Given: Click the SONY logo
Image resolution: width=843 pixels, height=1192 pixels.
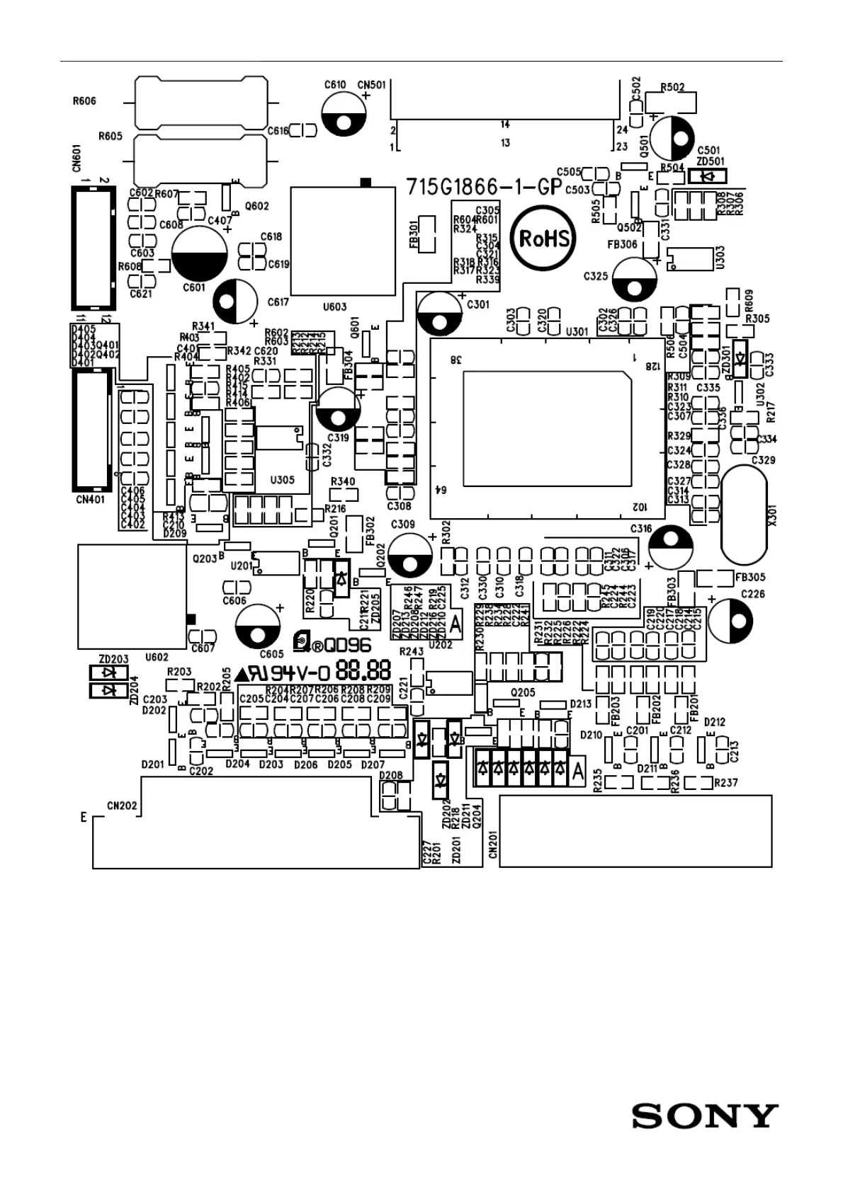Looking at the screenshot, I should tap(705, 1116).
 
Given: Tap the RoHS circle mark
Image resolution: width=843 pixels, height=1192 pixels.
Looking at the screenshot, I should tap(544, 237).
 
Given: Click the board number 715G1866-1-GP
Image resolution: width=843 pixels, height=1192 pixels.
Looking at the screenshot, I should tap(484, 187).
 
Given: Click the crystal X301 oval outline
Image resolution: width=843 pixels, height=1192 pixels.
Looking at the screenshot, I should tap(744, 514).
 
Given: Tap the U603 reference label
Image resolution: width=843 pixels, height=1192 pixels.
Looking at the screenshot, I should tap(334, 306).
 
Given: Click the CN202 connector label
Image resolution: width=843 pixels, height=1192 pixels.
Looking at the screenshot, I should tap(122, 806).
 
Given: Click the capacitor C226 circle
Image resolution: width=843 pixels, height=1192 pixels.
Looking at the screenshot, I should tap(730, 621).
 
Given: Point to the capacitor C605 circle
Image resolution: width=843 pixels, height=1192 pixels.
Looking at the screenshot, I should tap(258, 626).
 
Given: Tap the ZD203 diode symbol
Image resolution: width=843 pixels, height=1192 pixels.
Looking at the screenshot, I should tap(108, 672).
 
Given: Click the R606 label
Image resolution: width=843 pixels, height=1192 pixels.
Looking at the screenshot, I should tap(84, 101).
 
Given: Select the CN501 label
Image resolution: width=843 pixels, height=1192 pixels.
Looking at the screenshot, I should tap(372, 84).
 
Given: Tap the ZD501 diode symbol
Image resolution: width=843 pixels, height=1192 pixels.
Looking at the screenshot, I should tap(706, 177).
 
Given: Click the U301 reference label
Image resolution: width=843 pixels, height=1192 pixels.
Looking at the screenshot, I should tap(577, 331).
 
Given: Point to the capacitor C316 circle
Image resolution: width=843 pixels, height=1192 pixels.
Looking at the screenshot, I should tap(670, 547).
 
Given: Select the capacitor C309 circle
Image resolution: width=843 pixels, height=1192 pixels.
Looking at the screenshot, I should tap(409, 556).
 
